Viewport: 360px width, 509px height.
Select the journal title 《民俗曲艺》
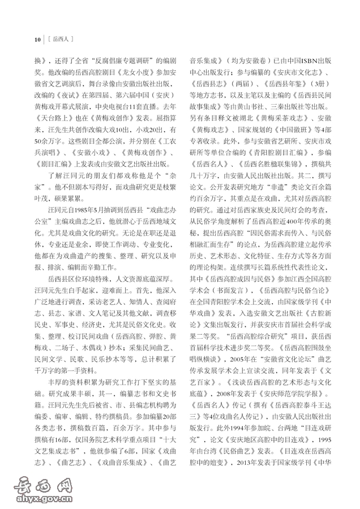(254, 452)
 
